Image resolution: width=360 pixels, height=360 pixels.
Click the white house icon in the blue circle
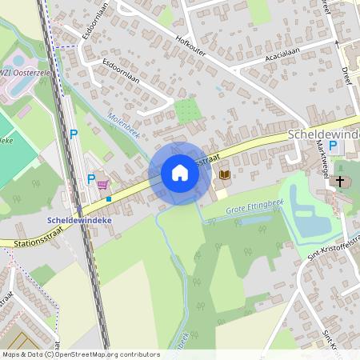pos(179,173)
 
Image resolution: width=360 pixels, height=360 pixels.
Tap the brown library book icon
pos(225,174)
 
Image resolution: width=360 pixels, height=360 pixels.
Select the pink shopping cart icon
pos(103,184)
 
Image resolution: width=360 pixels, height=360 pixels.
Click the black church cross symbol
pos(339,182)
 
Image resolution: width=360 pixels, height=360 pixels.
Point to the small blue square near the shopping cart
pos(109,198)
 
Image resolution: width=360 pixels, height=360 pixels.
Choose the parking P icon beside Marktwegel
pos(332,148)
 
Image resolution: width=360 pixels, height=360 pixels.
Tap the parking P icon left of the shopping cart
pos(90,180)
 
